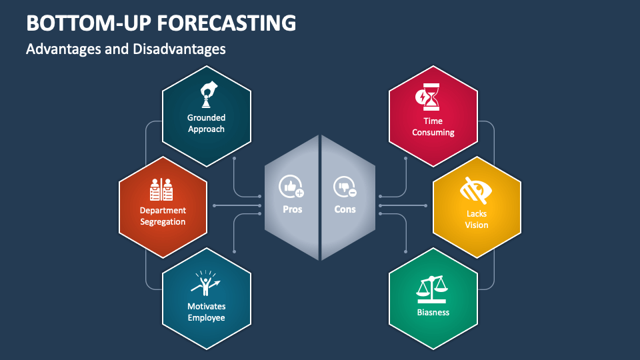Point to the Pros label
click(x=292, y=209)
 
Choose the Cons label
click(x=345, y=209)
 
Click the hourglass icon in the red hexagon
click(x=428, y=97)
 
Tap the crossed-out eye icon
click(x=477, y=191)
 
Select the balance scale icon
click(x=433, y=287)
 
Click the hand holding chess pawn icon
click(x=207, y=95)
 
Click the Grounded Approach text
click(x=206, y=123)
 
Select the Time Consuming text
click(x=433, y=127)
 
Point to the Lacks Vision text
click(x=477, y=219)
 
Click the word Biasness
click(x=433, y=312)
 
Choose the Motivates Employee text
click(x=206, y=312)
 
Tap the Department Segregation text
click(x=163, y=216)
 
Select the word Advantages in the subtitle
click(x=63, y=49)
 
